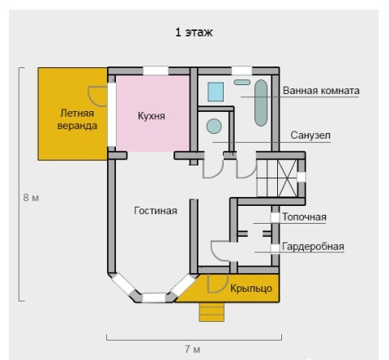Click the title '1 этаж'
194,32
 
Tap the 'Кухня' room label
152,116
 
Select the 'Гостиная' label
156,211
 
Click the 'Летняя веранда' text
77,119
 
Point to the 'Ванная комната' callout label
321,91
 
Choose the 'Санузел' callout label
310,135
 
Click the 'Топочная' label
304,216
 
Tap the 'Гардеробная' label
313,246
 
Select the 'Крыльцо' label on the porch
251,289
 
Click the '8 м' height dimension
31,198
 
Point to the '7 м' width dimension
193,349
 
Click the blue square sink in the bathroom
216,92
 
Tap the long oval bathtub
261,103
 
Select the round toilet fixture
214,126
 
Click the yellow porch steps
212,312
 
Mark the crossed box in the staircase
287,178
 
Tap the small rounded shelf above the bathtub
242,83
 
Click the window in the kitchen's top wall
156,71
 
